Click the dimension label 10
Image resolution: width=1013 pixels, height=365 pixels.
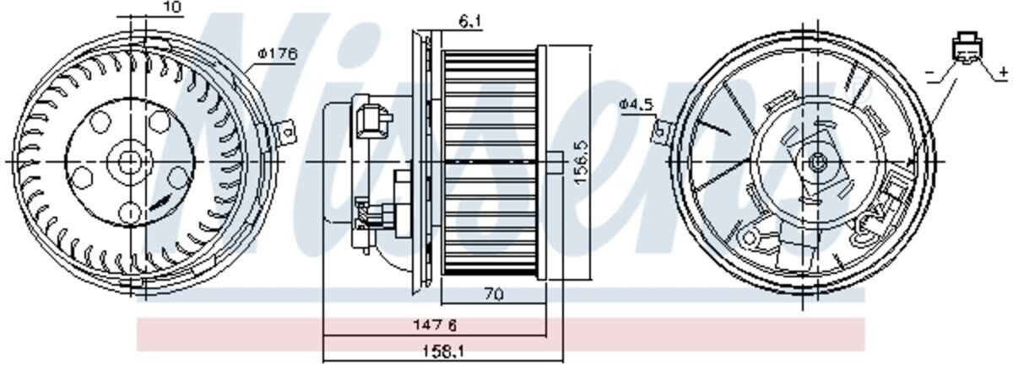point(171,7)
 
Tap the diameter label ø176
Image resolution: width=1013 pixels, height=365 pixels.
point(278,54)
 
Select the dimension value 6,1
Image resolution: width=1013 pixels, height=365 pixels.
point(470,21)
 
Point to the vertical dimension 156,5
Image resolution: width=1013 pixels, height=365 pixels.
point(581,161)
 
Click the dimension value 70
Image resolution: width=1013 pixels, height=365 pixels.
point(494,294)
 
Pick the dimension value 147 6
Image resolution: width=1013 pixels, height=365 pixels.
point(435,325)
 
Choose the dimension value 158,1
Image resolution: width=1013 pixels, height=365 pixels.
point(444,351)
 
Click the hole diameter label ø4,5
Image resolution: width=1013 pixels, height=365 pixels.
point(637,105)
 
